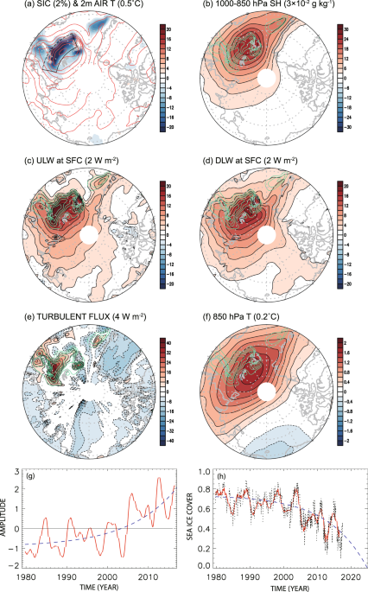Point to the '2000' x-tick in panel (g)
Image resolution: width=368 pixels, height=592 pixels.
point(105,576)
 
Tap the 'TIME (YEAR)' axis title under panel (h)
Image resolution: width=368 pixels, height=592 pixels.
point(282,587)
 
